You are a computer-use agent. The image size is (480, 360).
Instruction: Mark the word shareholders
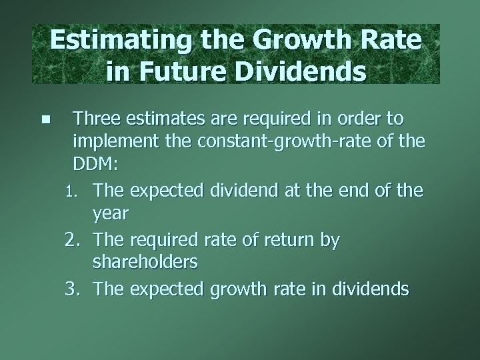(145, 263)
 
